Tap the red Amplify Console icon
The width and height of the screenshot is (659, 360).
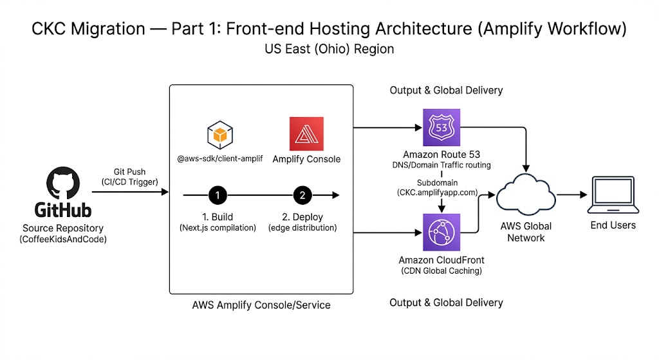306,133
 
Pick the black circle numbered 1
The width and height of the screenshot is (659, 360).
218,194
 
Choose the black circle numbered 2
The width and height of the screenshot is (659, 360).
303,194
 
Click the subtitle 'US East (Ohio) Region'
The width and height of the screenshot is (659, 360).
329,49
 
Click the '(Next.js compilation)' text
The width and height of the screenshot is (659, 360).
218,229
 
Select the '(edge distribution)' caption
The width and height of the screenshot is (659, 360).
303,229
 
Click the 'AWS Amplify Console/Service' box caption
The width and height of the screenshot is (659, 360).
261,305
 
